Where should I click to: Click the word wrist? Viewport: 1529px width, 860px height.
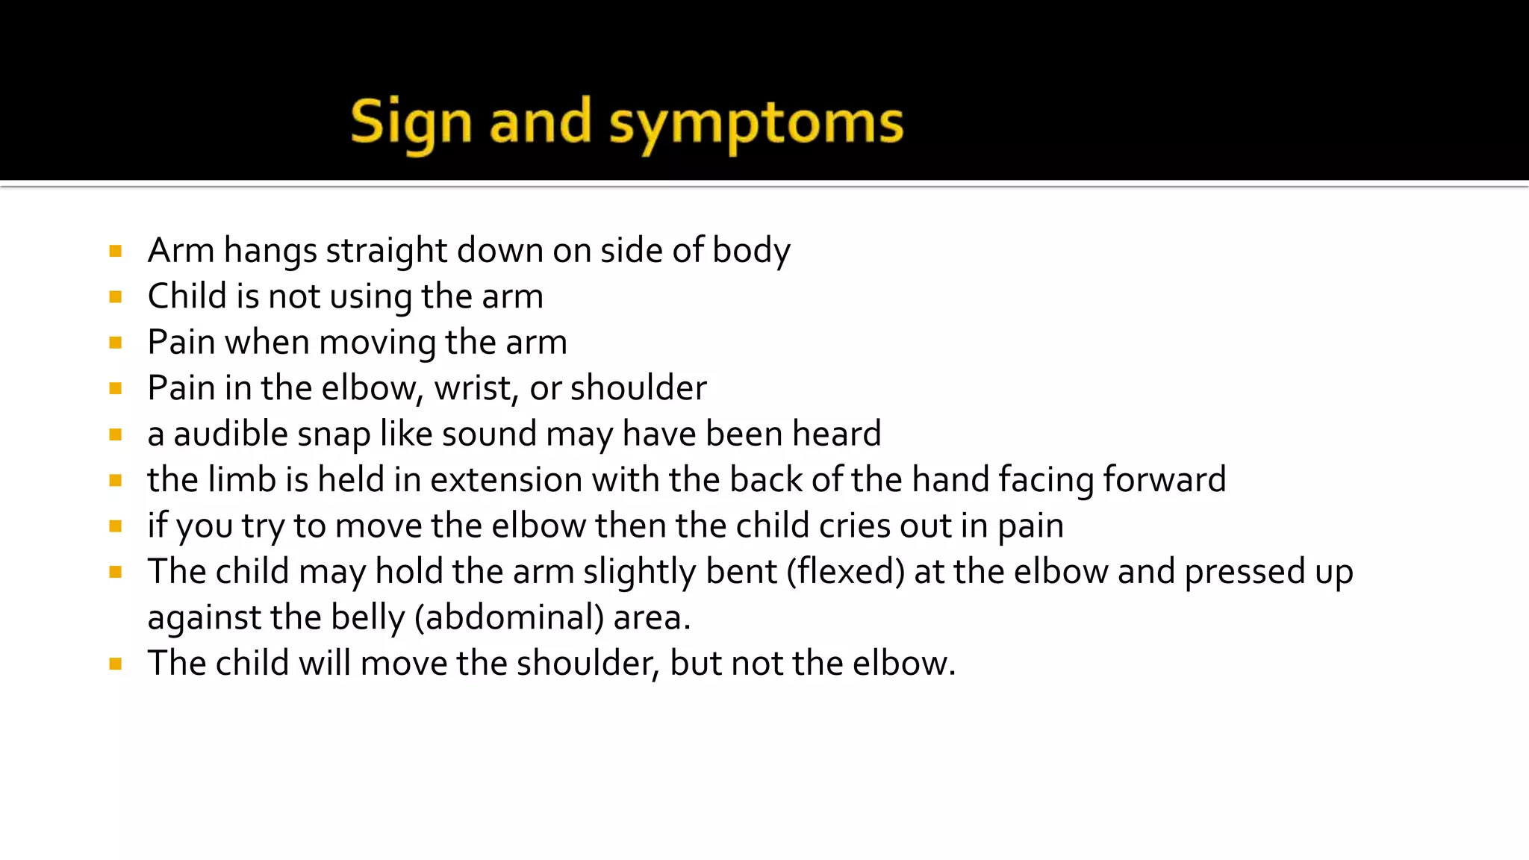coord(476,388)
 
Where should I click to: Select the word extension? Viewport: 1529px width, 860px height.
coord(506,480)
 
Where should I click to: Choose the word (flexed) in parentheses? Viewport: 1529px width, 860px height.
coord(845,572)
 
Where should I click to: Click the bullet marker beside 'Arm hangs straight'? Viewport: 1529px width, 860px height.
coord(115,251)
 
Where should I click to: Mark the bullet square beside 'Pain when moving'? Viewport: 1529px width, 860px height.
coord(115,343)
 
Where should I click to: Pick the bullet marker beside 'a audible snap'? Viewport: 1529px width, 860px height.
coord(115,434)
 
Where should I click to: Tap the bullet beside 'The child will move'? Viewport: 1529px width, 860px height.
coord(115,664)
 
